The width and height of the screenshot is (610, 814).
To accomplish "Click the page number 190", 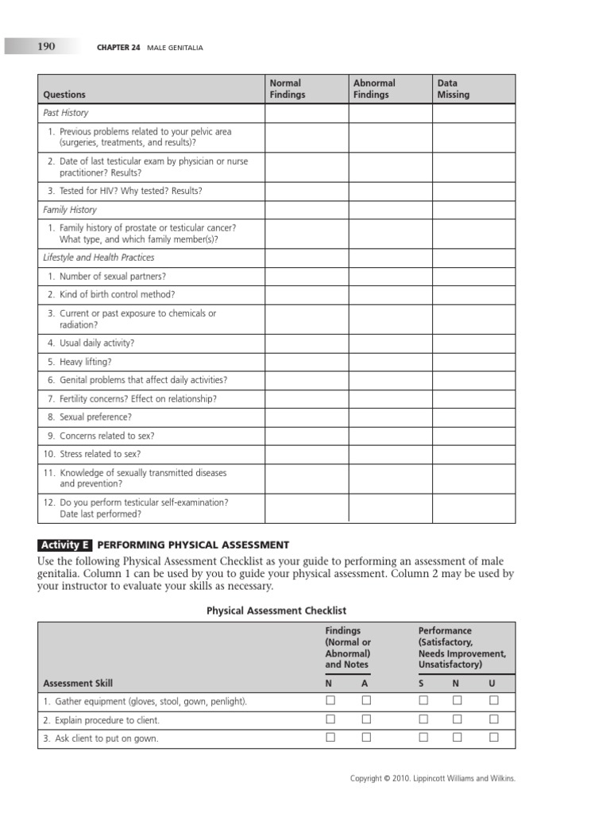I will click(x=46, y=47).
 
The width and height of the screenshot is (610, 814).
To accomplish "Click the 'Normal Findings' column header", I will click(x=288, y=88).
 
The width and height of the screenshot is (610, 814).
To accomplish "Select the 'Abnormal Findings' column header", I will click(x=374, y=88).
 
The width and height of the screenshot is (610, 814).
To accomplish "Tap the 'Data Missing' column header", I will click(x=454, y=88).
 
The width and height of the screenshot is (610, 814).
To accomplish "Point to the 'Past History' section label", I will click(x=66, y=113).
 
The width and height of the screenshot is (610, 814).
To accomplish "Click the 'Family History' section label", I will click(x=70, y=210).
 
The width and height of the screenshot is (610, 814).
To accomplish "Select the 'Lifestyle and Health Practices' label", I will click(x=98, y=258).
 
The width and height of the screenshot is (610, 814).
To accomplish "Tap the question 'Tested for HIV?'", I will click(x=130, y=191).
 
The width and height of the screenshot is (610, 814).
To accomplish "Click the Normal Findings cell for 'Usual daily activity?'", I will click(x=306, y=343).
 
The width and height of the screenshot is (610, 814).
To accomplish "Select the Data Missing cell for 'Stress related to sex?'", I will click(x=473, y=455).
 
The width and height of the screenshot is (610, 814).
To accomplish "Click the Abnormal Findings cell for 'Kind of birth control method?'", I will click(x=390, y=295).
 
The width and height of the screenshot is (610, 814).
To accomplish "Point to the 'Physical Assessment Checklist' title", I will click(x=276, y=610).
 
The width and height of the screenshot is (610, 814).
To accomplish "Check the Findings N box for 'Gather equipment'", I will click(x=330, y=700).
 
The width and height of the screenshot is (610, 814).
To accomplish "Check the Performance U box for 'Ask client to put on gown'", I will click(x=493, y=738).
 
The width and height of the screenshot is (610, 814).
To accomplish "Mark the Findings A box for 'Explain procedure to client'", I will click(x=366, y=719).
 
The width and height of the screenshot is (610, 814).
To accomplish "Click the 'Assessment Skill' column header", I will click(x=78, y=683).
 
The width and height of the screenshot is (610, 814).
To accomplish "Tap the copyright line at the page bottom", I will click(x=433, y=779).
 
